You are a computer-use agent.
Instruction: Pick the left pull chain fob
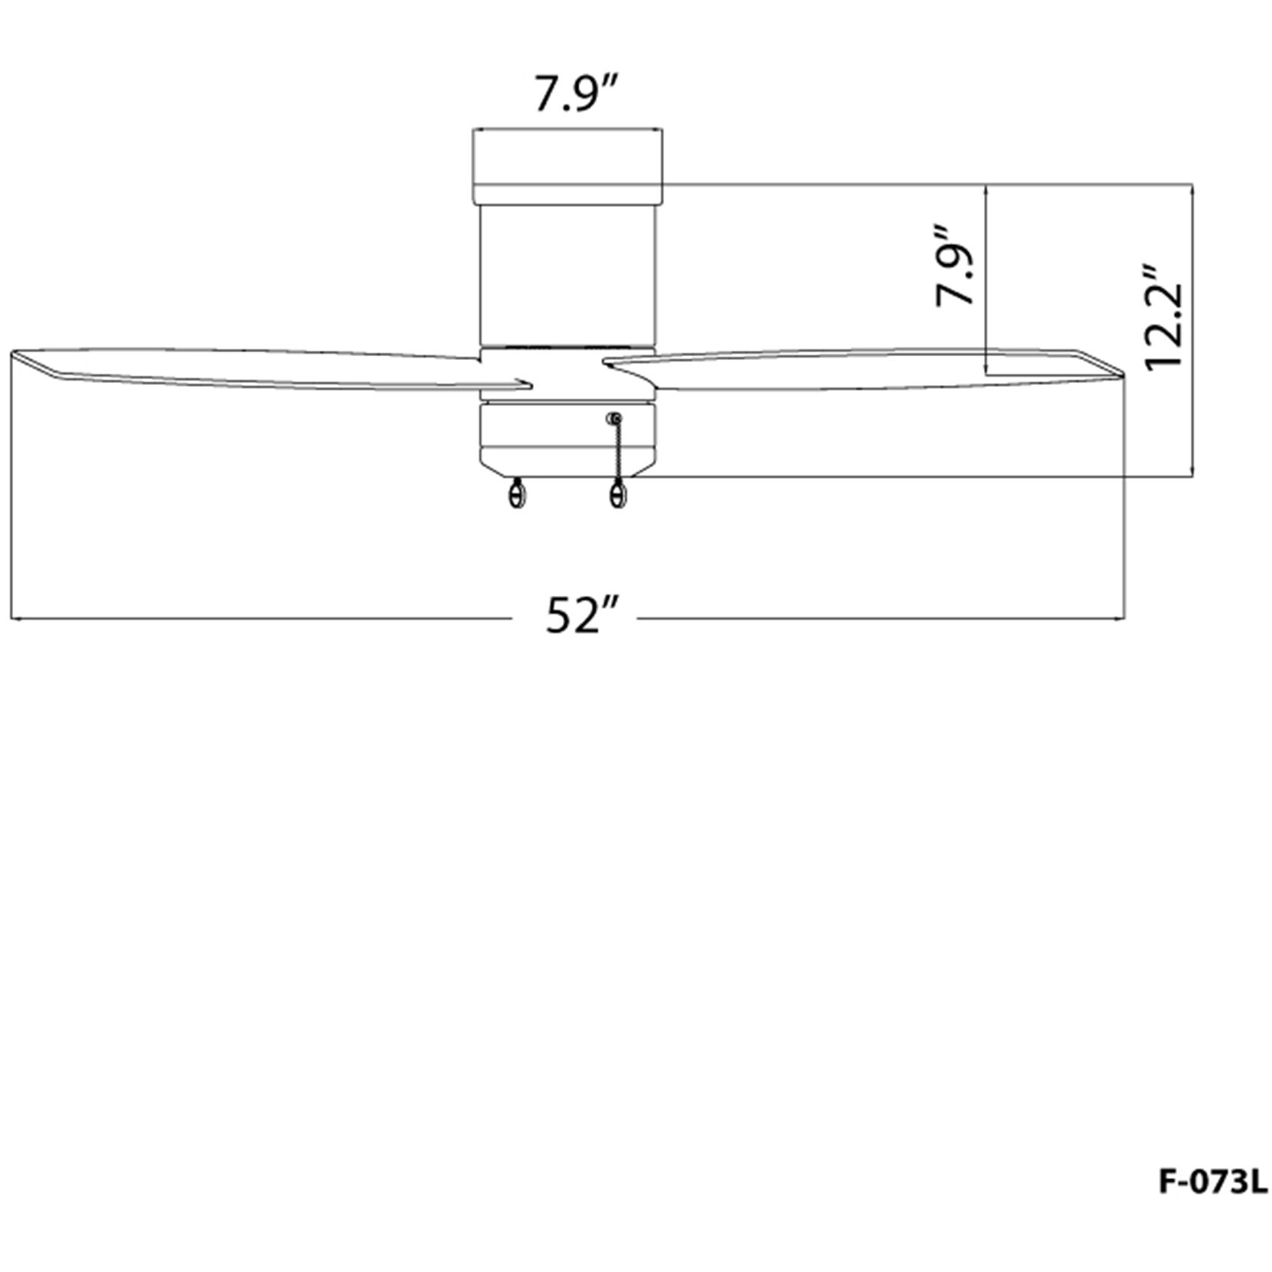[x=518, y=494]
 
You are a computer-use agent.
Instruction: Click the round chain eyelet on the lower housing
[x=613, y=419]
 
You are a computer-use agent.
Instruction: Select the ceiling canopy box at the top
[x=567, y=167]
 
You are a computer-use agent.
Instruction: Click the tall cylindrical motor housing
[x=567, y=274]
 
